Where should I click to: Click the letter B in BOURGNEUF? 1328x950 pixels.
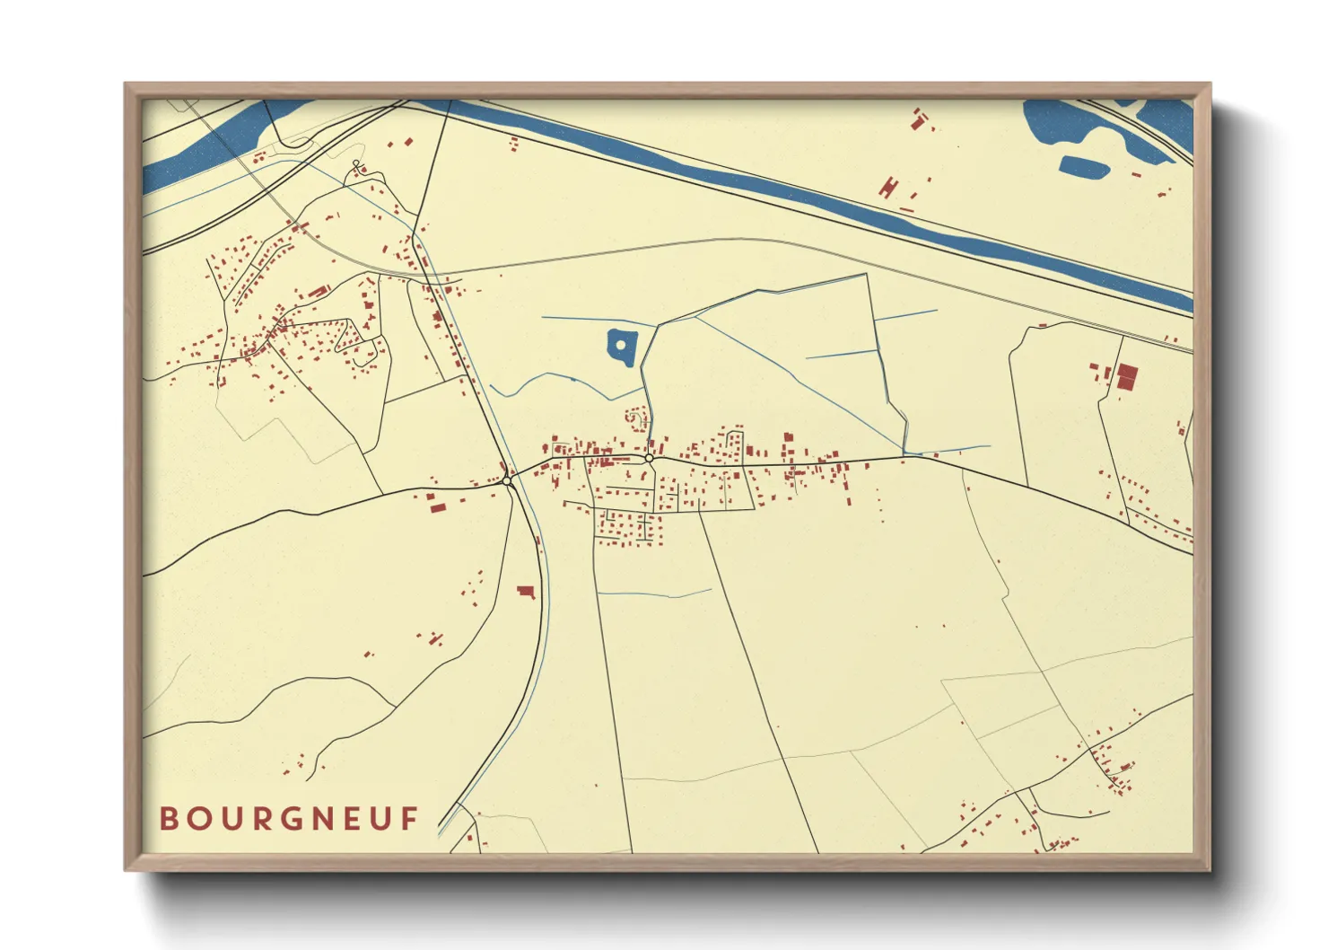pos(168,819)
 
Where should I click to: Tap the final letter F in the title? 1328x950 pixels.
pos(410,819)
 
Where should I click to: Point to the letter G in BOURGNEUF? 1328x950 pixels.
pos(290,819)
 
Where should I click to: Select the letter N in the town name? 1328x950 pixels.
pos(320,819)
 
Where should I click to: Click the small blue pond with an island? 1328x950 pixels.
pos(621,347)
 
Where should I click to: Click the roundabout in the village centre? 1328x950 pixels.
pos(648,459)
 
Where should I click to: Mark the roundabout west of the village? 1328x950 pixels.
pos(507,481)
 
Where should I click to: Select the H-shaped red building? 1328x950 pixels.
pos(888,188)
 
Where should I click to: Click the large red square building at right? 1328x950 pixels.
pos(1126,376)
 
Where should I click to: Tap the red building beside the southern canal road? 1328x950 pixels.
pos(525,591)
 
